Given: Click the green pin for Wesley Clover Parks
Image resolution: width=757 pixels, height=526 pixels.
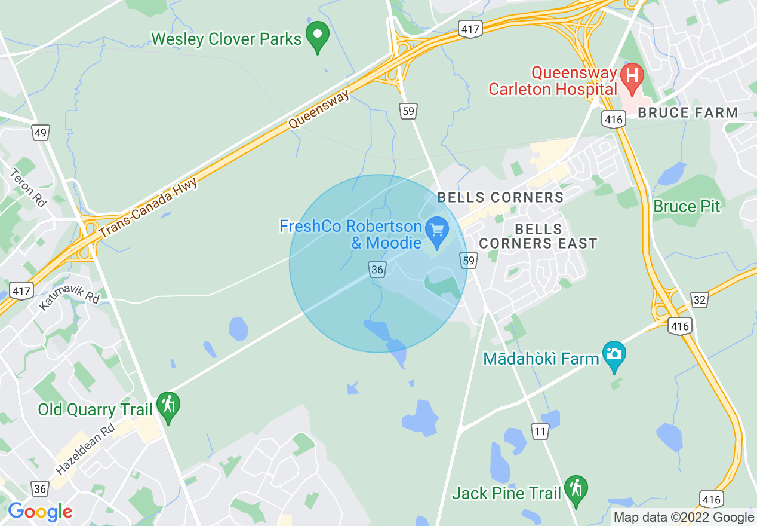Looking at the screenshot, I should coord(318,36).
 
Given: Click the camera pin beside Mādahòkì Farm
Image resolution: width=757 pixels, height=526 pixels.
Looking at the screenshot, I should coord(614,354).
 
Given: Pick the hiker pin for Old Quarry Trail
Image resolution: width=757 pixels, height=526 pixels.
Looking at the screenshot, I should coord(168,406).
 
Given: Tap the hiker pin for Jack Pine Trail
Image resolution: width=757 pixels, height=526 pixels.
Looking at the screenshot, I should coord(576,489).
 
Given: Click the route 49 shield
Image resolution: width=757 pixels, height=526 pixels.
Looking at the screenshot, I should coord(41,133).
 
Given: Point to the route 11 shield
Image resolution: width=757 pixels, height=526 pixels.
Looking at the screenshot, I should coord(541,431).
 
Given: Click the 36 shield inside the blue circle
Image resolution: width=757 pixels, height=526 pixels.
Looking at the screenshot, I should coord(377,270).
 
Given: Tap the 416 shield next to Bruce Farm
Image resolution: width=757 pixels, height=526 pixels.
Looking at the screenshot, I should coord(613,120).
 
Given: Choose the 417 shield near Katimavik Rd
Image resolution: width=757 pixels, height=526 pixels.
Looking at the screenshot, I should coord(22,291).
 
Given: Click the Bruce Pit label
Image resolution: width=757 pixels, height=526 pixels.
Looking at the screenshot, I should coord(687,207).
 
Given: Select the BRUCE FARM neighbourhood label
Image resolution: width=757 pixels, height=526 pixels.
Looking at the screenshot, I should coord(688,112).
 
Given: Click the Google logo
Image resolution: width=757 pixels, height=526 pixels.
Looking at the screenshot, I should coord(40,512).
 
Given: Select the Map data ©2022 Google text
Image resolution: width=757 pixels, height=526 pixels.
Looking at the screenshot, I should coord(684,518).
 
